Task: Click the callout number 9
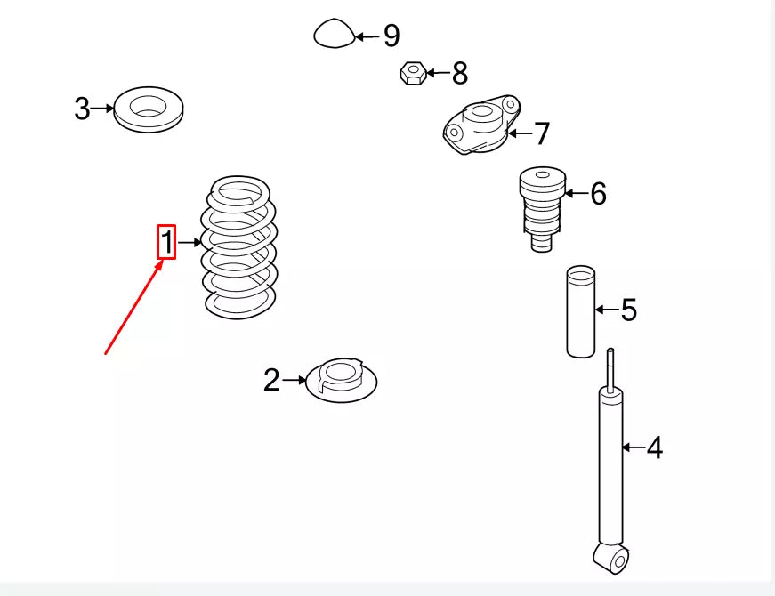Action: (392, 36)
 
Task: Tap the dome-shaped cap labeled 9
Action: (335, 34)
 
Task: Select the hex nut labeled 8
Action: (413, 73)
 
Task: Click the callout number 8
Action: (460, 73)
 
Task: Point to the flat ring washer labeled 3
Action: (149, 109)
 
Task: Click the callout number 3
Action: (82, 109)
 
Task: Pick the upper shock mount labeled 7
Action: (481, 125)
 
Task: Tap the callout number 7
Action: (542, 133)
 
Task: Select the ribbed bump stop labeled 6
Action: (542, 208)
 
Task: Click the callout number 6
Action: (598, 193)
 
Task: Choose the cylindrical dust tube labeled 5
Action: (581, 311)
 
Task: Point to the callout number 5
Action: (629, 310)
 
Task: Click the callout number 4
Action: (654, 447)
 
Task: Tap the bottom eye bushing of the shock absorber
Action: (613, 558)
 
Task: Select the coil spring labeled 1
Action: (238, 247)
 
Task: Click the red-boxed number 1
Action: (166, 242)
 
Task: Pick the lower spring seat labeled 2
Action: (342, 381)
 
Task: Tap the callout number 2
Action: (271, 380)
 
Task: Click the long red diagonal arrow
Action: (134, 308)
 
